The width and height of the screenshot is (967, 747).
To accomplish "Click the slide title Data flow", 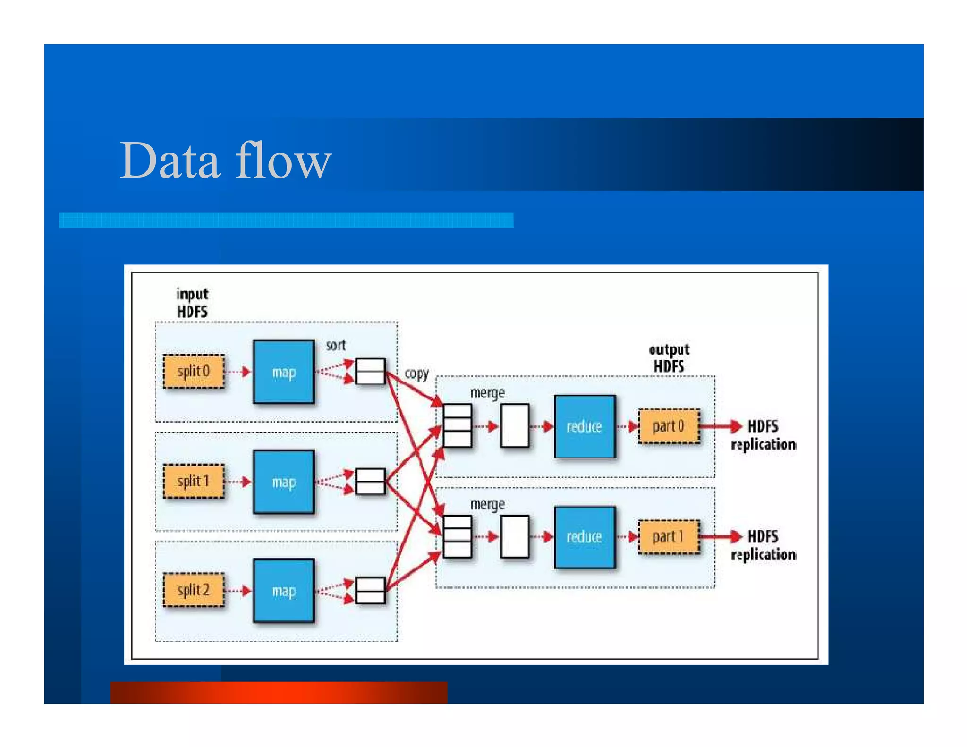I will coord(225,161).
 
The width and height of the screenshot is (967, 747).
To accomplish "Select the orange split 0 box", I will coord(194,372).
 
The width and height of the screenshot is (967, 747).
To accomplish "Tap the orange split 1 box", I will coord(194,481).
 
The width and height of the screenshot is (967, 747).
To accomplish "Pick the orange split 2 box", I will coord(194,590).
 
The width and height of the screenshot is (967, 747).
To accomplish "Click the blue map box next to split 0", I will coord(283,372).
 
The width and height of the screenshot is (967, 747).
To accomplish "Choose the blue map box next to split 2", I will coord(283,591).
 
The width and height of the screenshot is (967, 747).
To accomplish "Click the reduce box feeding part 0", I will coord(585,427).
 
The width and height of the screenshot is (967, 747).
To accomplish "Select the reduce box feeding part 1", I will coord(585,537).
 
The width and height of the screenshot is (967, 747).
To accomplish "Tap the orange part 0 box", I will coord(668,426).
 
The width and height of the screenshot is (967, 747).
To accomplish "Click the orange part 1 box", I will coord(668,536).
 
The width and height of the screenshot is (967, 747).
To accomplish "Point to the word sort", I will coord(336,345).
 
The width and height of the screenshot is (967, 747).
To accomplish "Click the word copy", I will coord(416,373).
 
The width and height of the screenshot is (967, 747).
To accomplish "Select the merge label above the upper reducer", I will coord(487,393).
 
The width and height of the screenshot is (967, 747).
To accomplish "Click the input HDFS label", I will coord(192,303).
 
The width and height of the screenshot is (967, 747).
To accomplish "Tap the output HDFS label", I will coord(669,358).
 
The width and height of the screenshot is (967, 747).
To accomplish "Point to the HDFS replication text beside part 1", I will coord(763,545).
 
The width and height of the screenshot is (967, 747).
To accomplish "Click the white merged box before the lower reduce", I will coord(514,537).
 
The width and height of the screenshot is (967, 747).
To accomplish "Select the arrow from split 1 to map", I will coord(238,482).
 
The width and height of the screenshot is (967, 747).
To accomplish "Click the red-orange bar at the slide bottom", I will coord(279,692).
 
